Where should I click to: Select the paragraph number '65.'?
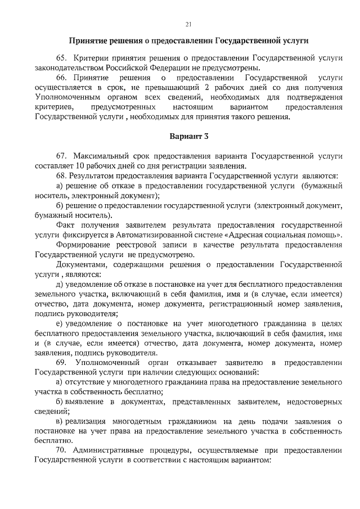tap(61, 58)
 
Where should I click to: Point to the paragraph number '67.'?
tap(61, 155)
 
